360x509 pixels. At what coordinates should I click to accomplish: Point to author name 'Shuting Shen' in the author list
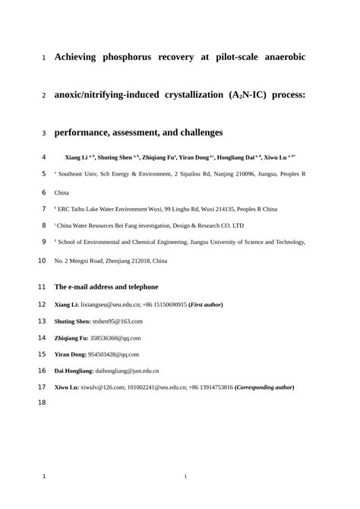click(x=116, y=157)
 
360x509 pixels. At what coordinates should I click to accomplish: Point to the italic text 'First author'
click(x=206, y=305)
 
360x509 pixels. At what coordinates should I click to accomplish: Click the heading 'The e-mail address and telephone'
click(x=106, y=287)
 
